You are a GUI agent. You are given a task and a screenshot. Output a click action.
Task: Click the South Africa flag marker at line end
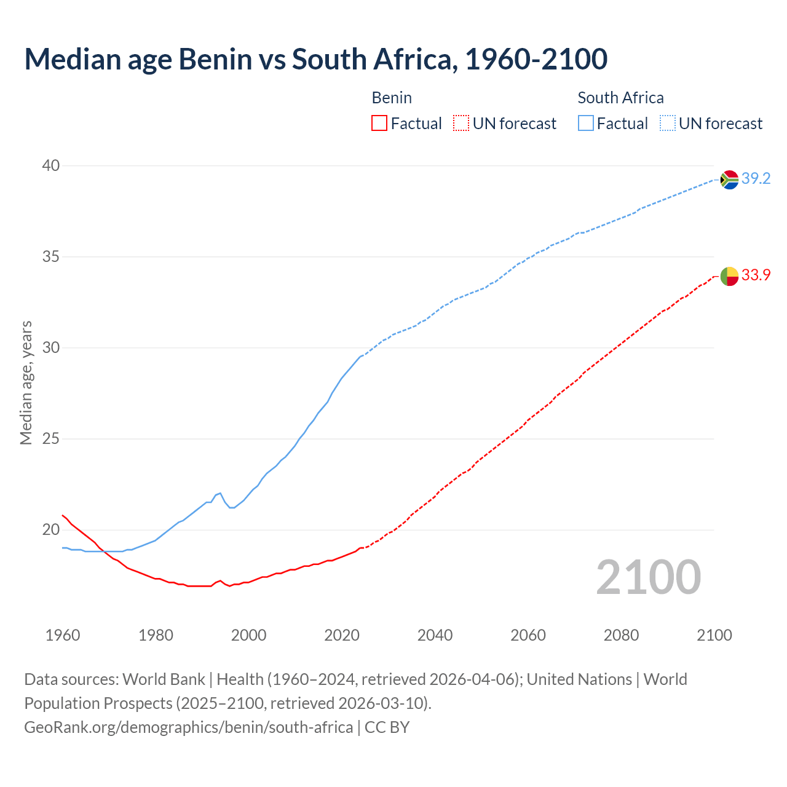[729, 180]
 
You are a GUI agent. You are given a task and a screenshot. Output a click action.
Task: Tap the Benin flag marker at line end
[729, 276]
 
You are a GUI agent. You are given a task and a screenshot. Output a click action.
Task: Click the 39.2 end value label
[756, 179]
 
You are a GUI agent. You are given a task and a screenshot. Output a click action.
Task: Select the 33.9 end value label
[756, 275]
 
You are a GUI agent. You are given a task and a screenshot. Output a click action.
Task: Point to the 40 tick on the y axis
[51, 165]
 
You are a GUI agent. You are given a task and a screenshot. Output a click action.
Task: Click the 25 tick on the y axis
[51, 438]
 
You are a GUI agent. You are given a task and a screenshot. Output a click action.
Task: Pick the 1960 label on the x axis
[63, 635]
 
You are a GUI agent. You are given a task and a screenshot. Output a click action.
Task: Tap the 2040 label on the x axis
[435, 635]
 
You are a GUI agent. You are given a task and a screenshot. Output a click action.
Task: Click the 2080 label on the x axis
[621, 635]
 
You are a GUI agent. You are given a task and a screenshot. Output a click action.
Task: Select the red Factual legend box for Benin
[379, 124]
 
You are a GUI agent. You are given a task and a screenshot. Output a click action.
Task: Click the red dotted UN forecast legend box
[461, 124]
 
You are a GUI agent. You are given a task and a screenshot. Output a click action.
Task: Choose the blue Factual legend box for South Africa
[586, 124]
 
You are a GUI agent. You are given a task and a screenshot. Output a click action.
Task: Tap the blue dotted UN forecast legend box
[668, 124]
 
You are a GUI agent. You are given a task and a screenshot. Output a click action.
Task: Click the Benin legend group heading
[392, 98]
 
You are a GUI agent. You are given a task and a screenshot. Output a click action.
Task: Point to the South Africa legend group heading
[620, 98]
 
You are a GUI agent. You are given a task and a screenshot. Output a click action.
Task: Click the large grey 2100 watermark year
[648, 577]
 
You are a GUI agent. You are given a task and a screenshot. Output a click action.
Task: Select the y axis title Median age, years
[26, 382]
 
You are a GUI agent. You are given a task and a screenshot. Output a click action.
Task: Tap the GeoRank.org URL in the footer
[188, 727]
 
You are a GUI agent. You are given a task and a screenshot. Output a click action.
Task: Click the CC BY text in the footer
[387, 727]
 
